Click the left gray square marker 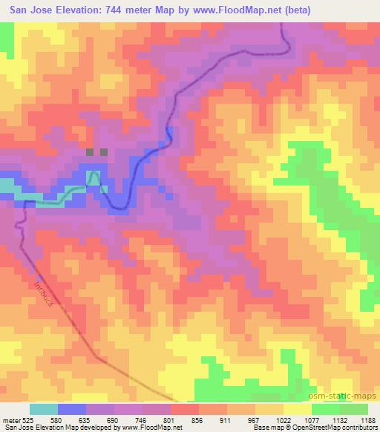click(90, 151)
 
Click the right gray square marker click(104, 151)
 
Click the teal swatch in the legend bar click(44, 409)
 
